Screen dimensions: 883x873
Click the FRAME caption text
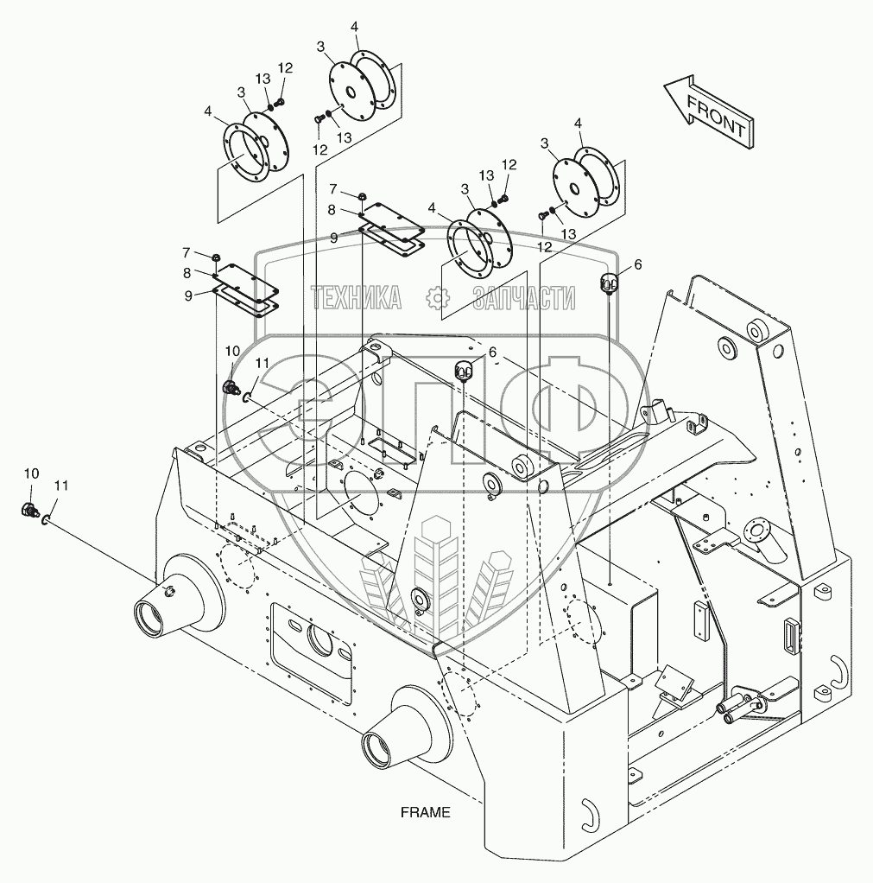(x=426, y=812)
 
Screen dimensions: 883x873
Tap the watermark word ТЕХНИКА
(x=357, y=299)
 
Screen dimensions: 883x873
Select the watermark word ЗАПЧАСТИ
(x=524, y=299)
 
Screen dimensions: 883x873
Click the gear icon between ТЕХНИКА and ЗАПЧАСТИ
(x=440, y=299)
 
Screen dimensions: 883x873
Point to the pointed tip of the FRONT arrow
(x=667, y=86)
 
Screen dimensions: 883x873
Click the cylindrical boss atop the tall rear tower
(x=759, y=329)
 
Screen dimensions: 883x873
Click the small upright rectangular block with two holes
(x=701, y=619)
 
